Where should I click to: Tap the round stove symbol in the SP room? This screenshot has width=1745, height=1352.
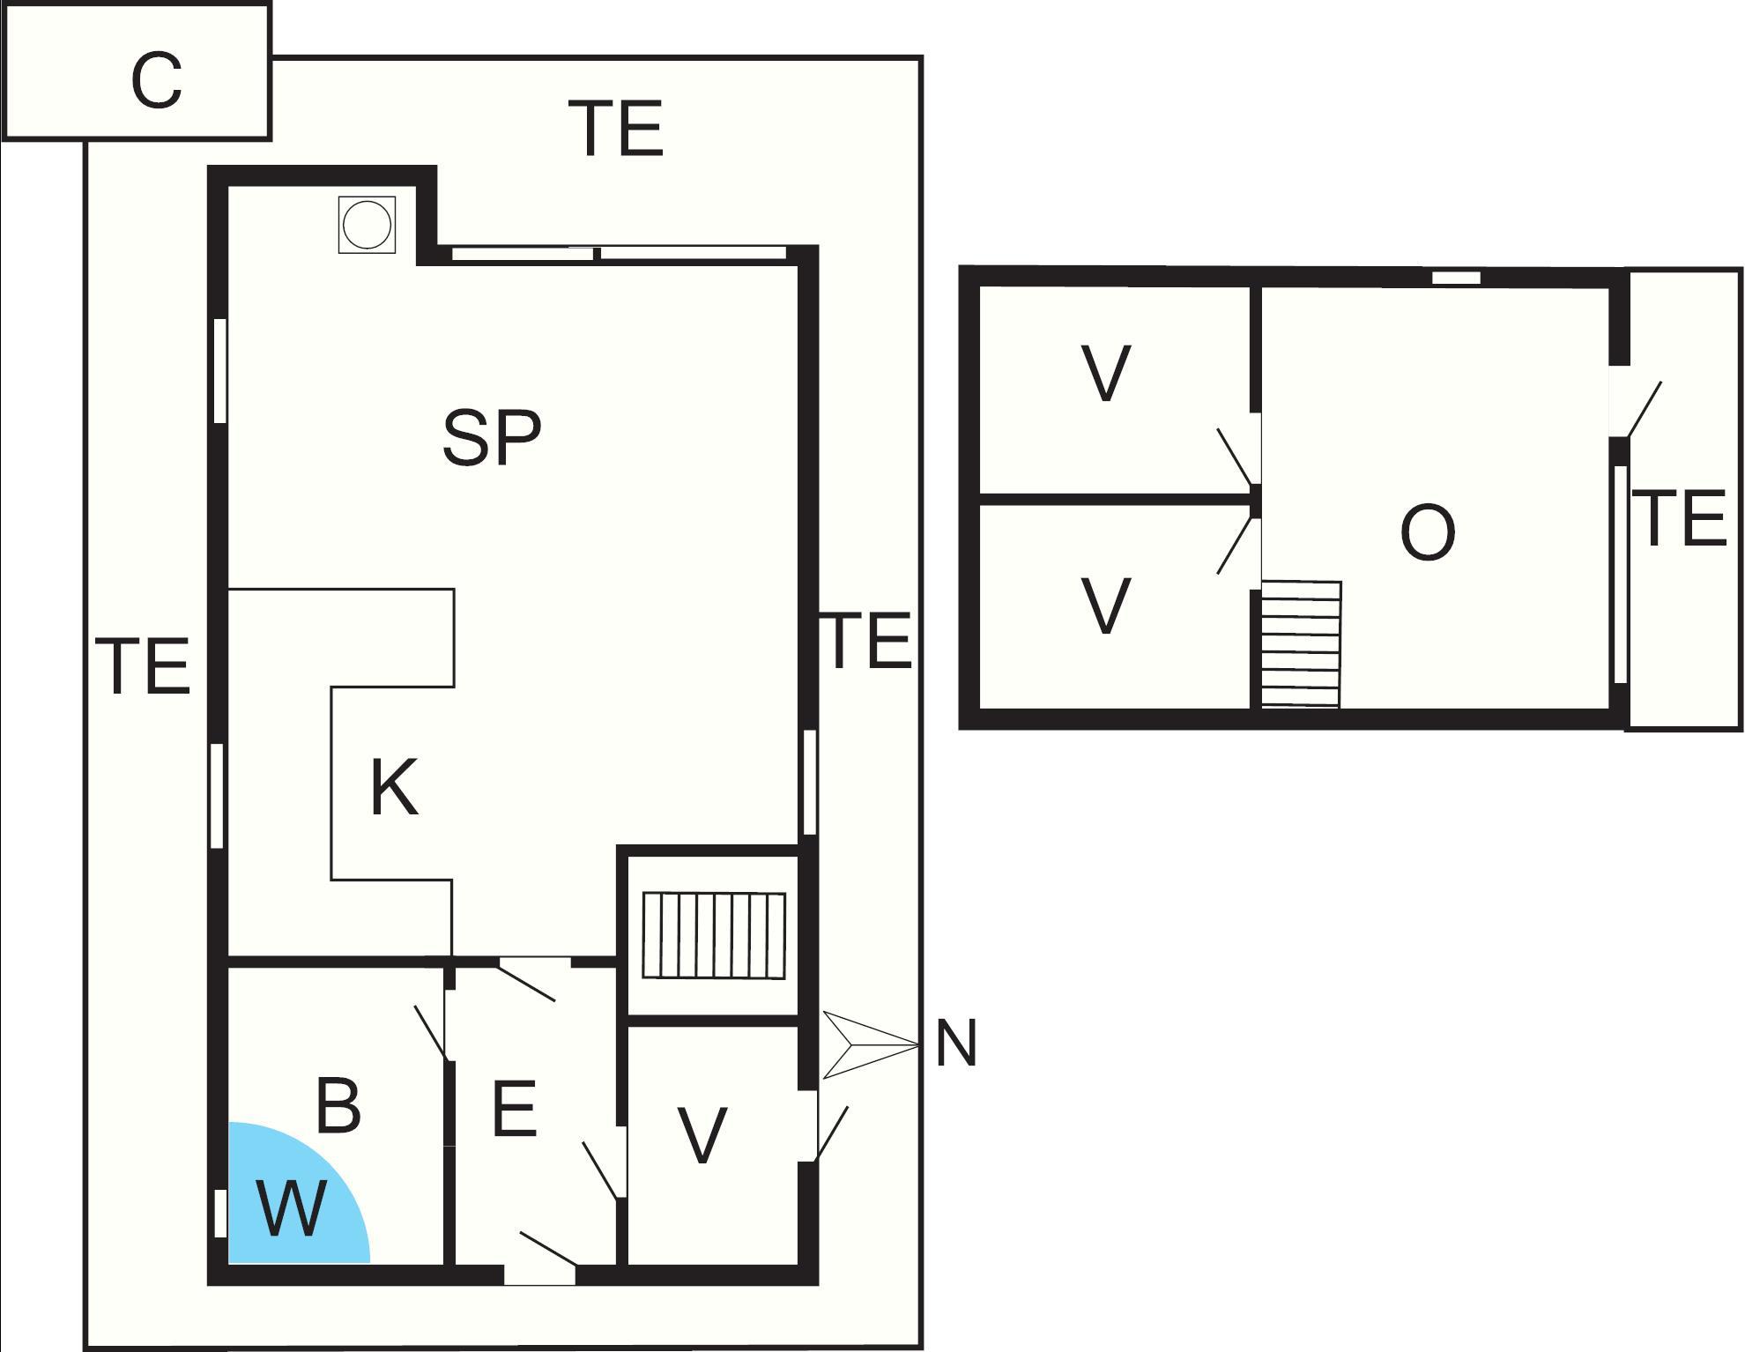point(367,226)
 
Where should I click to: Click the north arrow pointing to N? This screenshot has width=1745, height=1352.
point(868,1044)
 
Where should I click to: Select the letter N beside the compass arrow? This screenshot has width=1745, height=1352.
point(956,1044)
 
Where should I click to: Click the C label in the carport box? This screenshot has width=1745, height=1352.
point(156,81)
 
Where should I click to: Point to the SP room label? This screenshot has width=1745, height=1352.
point(491,438)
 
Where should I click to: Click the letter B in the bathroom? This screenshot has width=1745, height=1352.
point(338,1106)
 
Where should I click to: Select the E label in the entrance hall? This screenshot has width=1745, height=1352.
point(514,1110)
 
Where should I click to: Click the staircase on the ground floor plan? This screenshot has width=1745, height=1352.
point(713,935)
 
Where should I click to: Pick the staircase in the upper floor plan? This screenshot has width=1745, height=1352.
point(1301,643)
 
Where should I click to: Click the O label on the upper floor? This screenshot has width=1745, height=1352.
point(1427,534)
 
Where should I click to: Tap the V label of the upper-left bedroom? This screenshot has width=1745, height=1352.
point(1105,374)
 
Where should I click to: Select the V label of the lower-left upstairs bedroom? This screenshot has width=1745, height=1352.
point(1105,606)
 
